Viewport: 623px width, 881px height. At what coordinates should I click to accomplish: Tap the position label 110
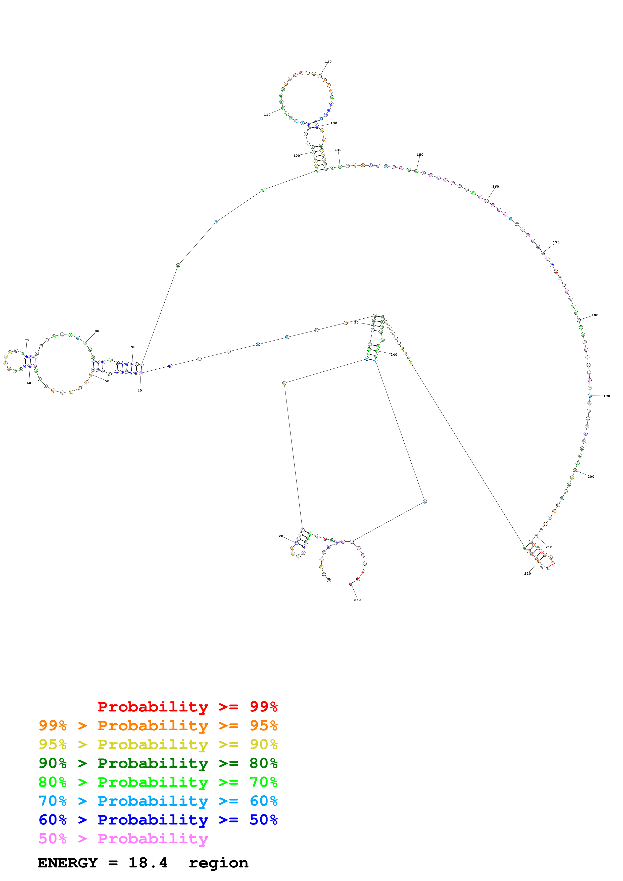[267, 115]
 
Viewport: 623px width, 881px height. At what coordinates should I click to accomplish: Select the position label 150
[420, 155]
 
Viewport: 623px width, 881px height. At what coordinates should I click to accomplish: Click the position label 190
[606, 396]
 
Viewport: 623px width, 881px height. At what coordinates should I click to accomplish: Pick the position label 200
[591, 477]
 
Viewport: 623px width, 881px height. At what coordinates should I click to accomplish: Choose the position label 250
[357, 600]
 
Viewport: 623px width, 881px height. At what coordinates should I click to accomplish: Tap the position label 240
[394, 355]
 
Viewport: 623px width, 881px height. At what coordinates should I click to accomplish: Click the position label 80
[97, 331]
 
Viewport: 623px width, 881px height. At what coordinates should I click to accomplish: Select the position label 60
[29, 383]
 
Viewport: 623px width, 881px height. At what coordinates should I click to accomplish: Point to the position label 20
[281, 536]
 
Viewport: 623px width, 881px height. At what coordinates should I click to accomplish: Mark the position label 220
[528, 573]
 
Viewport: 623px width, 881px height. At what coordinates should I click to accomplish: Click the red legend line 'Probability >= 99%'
[187, 706]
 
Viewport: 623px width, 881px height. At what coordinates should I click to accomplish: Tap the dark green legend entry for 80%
[158, 763]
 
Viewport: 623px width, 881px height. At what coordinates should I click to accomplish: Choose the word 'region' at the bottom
[218, 863]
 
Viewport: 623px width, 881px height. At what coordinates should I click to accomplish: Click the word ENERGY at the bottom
[68, 863]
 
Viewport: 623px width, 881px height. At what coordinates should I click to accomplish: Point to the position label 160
[496, 187]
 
